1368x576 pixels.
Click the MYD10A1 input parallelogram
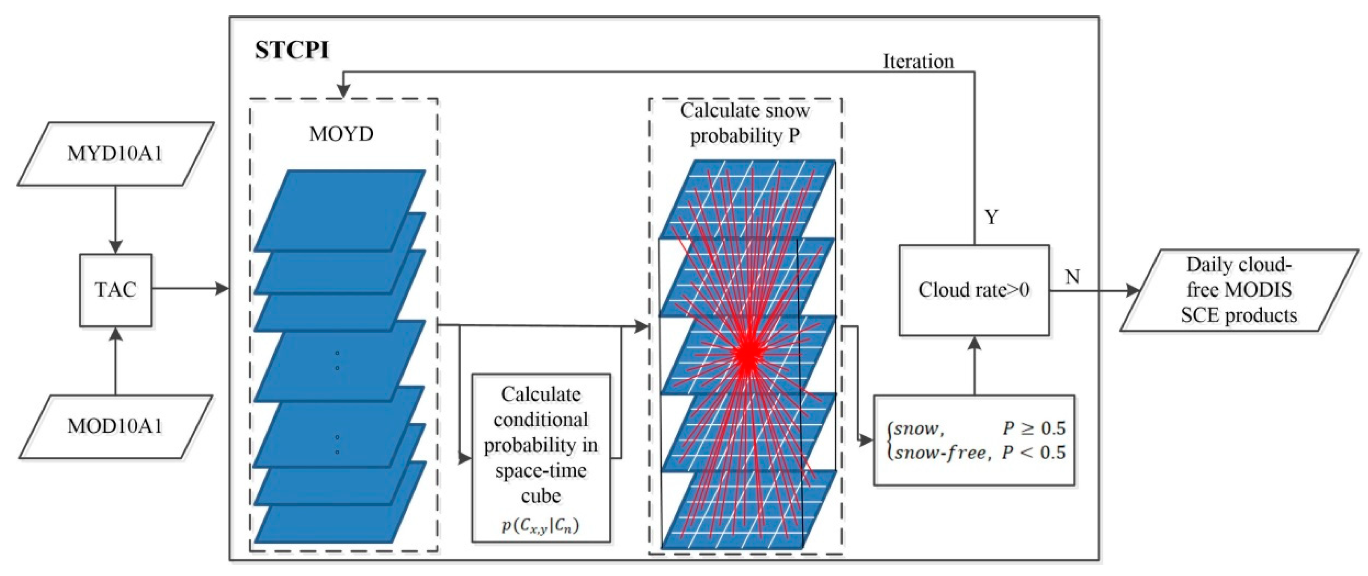pyautogui.click(x=115, y=154)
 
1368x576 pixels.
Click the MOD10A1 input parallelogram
pyautogui.click(x=115, y=426)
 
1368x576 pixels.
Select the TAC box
pyautogui.click(x=115, y=290)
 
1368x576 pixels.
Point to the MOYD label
pyautogui.click(x=341, y=134)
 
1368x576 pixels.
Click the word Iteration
pyautogui.click(x=918, y=62)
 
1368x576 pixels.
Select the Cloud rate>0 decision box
pyautogui.click(x=974, y=290)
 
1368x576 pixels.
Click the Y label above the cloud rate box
pyautogui.click(x=991, y=217)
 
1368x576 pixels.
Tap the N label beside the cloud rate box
pyautogui.click(x=1072, y=277)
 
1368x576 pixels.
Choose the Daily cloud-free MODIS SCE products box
pyautogui.click(x=1238, y=290)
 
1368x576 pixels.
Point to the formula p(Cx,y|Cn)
pyautogui.click(x=541, y=526)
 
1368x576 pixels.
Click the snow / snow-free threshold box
pyautogui.click(x=974, y=440)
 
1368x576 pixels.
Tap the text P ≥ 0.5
pyautogui.click(x=1034, y=428)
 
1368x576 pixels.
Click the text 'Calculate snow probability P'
pyautogui.click(x=745, y=123)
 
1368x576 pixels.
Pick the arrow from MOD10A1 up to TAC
pyautogui.click(x=115, y=361)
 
